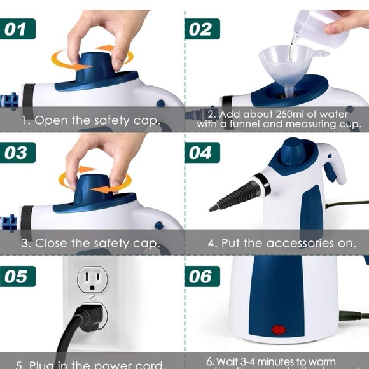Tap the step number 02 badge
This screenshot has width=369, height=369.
(x=202, y=29)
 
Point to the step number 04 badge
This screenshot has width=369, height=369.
(x=202, y=153)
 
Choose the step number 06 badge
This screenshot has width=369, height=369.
(x=202, y=277)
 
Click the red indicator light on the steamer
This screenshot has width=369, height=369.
(x=279, y=330)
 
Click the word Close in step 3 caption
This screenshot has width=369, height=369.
(x=52, y=244)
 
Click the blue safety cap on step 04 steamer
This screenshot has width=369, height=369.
(x=293, y=151)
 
